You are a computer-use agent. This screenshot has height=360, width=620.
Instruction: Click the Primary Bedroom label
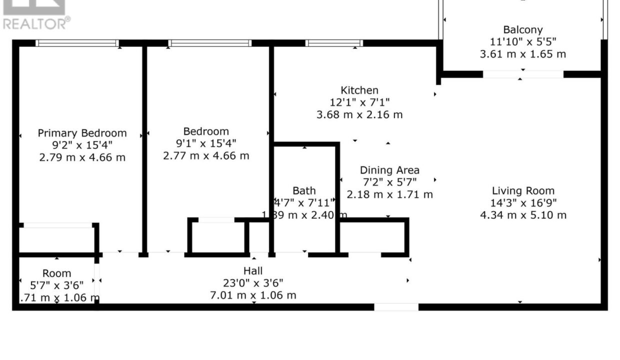click(82, 133)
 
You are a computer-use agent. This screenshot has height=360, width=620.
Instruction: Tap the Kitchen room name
click(359, 90)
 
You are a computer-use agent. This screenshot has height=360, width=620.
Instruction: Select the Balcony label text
click(522, 30)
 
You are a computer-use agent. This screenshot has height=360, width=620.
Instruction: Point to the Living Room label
click(523, 190)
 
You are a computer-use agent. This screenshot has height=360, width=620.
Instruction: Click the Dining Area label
click(389, 170)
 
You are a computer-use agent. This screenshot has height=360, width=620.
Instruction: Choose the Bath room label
click(304, 190)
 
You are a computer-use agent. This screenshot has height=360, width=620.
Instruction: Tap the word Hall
click(252, 270)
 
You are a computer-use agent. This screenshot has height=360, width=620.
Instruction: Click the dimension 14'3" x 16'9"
click(523, 203)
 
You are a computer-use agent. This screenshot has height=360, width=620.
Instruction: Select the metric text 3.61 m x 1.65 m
click(522, 54)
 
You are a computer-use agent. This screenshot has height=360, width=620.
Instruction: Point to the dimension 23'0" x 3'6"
click(252, 283)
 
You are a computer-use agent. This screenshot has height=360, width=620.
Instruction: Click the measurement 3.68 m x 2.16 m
click(359, 114)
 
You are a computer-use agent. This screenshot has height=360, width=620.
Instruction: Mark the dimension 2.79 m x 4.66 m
click(82, 157)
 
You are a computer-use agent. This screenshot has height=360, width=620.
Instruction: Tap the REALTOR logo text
click(36, 23)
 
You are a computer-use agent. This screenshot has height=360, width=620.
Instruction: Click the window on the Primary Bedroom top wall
click(77, 43)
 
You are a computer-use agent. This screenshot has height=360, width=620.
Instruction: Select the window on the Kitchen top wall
click(334, 43)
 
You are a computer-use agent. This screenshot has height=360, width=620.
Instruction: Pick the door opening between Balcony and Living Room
click(523, 74)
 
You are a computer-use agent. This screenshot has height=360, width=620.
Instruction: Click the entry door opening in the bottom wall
click(396, 307)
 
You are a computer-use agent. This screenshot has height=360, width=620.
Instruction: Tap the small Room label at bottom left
click(56, 273)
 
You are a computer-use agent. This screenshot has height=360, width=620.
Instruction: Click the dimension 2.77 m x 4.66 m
click(206, 155)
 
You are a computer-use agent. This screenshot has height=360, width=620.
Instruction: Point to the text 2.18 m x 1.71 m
click(389, 194)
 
